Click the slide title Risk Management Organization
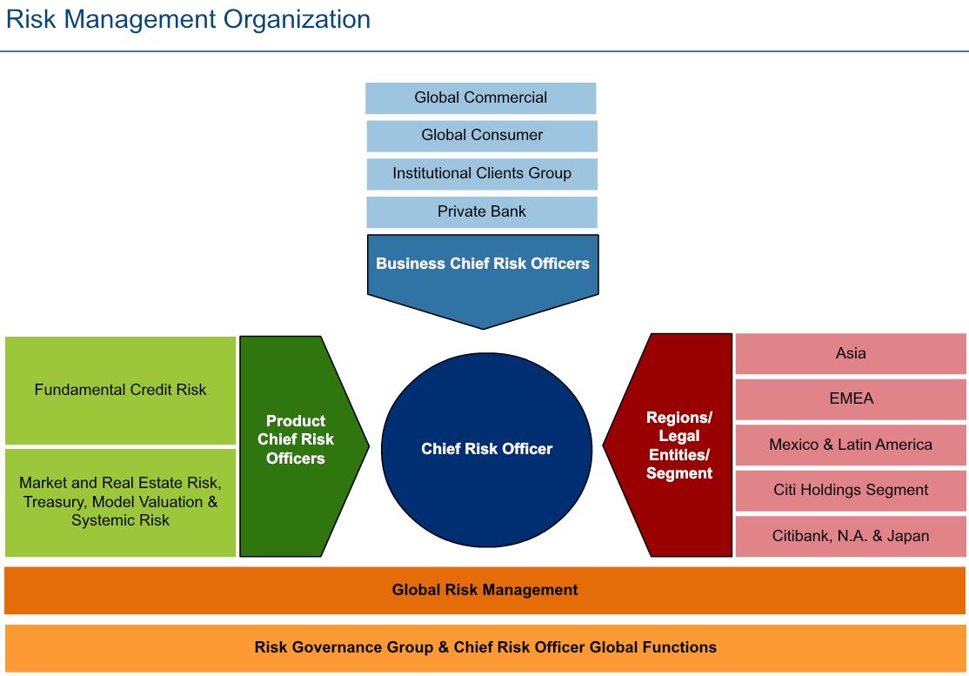pyautogui.click(x=188, y=19)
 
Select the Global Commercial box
pyautogui.click(x=480, y=97)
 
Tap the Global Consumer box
pyautogui.click(x=481, y=136)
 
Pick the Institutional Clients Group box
pyautogui.click(x=481, y=173)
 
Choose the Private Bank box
pyautogui.click(x=481, y=211)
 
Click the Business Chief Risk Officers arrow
pyautogui.click(x=482, y=270)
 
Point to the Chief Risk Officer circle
pyautogui.click(x=486, y=449)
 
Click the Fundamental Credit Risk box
pyautogui.click(x=120, y=390)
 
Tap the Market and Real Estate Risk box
pyautogui.click(x=120, y=502)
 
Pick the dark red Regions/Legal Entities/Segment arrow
pyautogui.click(x=678, y=445)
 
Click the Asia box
pyautogui.click(x=850, y=353)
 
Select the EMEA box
pyautogui.click(x=850, y=399)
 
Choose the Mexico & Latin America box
pyautogui.click(x=850, y=445)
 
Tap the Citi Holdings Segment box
pyautogui.click(x=850, y=490)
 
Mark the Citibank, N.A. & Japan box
pyautogui.click(x=850, y=536)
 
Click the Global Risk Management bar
pyautogui.click(x=484, y=590)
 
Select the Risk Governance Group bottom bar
pyautogui.click(x=484, y=647)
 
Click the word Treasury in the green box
pyautogui.click(x=55, y=502)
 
